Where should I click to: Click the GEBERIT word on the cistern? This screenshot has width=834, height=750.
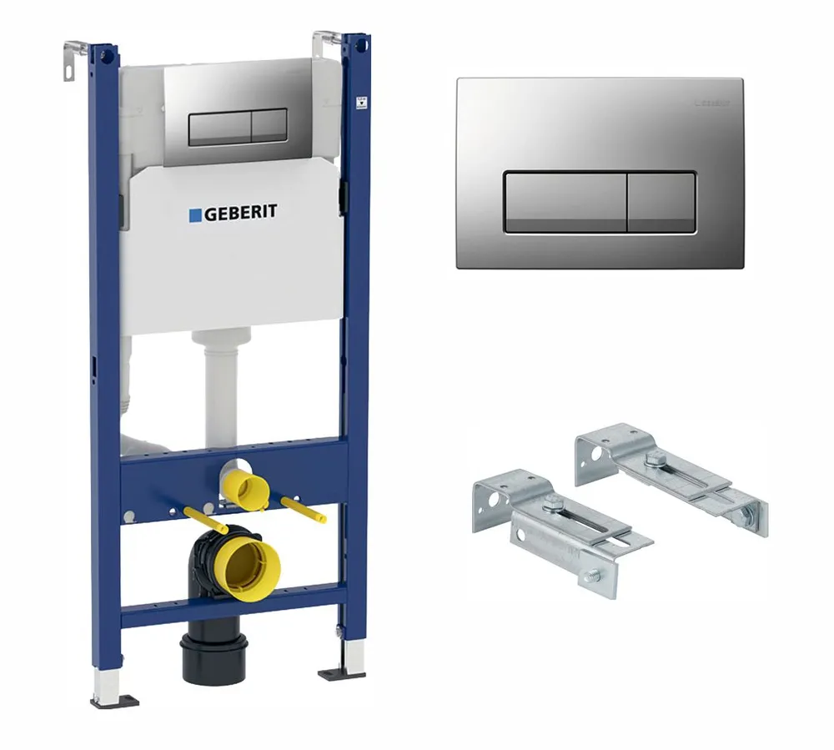click(241, 213)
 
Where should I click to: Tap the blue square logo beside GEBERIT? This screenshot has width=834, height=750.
click(195, 214)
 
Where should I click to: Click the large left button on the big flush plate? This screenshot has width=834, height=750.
click(565, 203)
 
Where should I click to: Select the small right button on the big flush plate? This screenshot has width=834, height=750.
click(661, 203)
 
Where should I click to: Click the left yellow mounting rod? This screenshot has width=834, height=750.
click(200, 519)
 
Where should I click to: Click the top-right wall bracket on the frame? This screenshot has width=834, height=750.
click(325, 42)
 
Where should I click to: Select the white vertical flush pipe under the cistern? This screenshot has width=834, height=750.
click(222, 392)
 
